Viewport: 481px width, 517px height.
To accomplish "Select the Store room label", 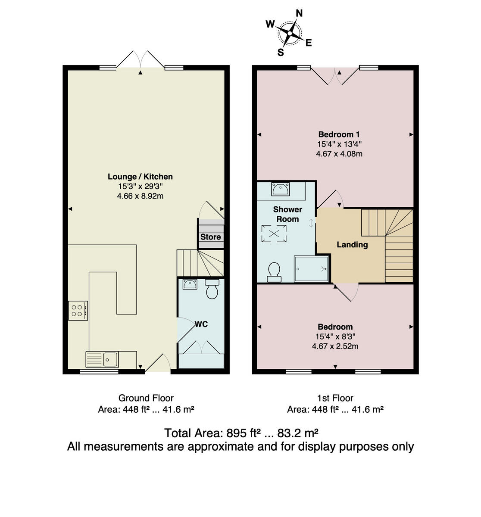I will (x=210, y=237).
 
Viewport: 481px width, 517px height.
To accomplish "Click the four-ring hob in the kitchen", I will (x=78, y=310).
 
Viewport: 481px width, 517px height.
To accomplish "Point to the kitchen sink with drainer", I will (x=102, y=359).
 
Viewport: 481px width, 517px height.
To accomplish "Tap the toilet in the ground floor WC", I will (x=212, y=290).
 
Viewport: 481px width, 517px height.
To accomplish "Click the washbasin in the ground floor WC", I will (x=190, y=284).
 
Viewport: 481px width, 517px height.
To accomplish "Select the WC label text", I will (x=201, y=324).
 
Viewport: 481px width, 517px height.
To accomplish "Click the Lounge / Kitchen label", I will (x=140, y=177).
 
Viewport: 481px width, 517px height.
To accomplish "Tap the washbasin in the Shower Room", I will (x=281, y=189).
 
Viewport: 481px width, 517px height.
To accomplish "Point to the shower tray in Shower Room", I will (x=311, y=269).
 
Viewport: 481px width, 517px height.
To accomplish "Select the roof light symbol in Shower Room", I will (x=274, y=233).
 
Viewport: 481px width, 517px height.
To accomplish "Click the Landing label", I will (x=352, y=245).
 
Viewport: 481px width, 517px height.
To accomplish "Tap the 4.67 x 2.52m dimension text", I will (x=335, y=346).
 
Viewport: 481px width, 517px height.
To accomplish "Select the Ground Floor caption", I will (x=146, y=398).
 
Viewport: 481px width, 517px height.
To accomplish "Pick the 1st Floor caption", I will (x=335, y=398).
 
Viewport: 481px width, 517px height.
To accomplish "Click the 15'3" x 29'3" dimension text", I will (x=140, y=187).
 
